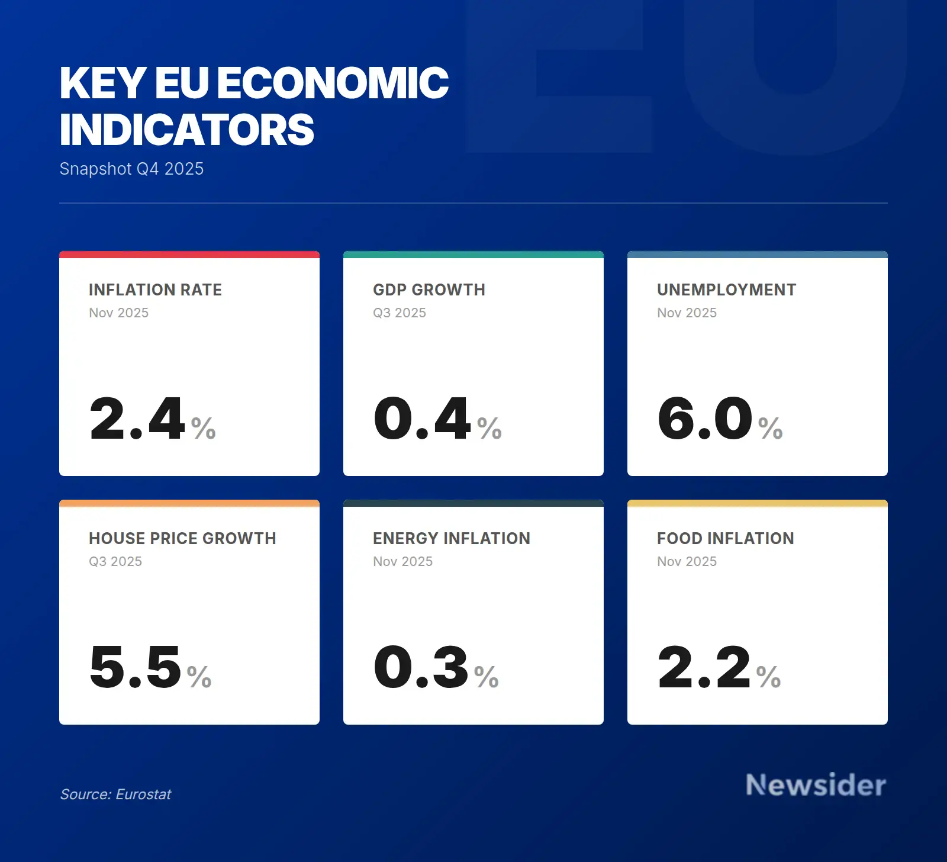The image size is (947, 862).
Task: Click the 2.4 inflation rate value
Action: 137,419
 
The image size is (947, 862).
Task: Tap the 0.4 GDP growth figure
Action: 422,419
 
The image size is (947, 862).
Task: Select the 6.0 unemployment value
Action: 705,419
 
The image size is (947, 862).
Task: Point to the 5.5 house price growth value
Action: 136,667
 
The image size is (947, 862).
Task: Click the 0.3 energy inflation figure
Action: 421,667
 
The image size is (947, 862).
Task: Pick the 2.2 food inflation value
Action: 704,667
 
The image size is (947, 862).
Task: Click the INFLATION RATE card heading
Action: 155,290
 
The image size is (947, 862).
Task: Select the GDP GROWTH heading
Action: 429,290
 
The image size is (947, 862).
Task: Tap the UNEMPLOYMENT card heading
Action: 726,290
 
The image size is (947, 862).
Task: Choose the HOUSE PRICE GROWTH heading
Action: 182,538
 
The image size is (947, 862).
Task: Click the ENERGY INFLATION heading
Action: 452,538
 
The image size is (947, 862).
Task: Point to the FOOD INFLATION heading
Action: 726,538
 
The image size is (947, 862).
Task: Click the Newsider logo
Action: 816,785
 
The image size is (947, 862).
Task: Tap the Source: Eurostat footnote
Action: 115,794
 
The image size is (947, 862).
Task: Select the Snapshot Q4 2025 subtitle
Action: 131,169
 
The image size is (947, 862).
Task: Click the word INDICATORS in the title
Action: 187,130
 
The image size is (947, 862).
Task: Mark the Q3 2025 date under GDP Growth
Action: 400,313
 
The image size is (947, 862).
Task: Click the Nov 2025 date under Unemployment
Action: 687,313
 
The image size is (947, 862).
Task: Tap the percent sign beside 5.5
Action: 199,677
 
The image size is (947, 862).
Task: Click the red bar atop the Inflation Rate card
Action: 189,255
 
